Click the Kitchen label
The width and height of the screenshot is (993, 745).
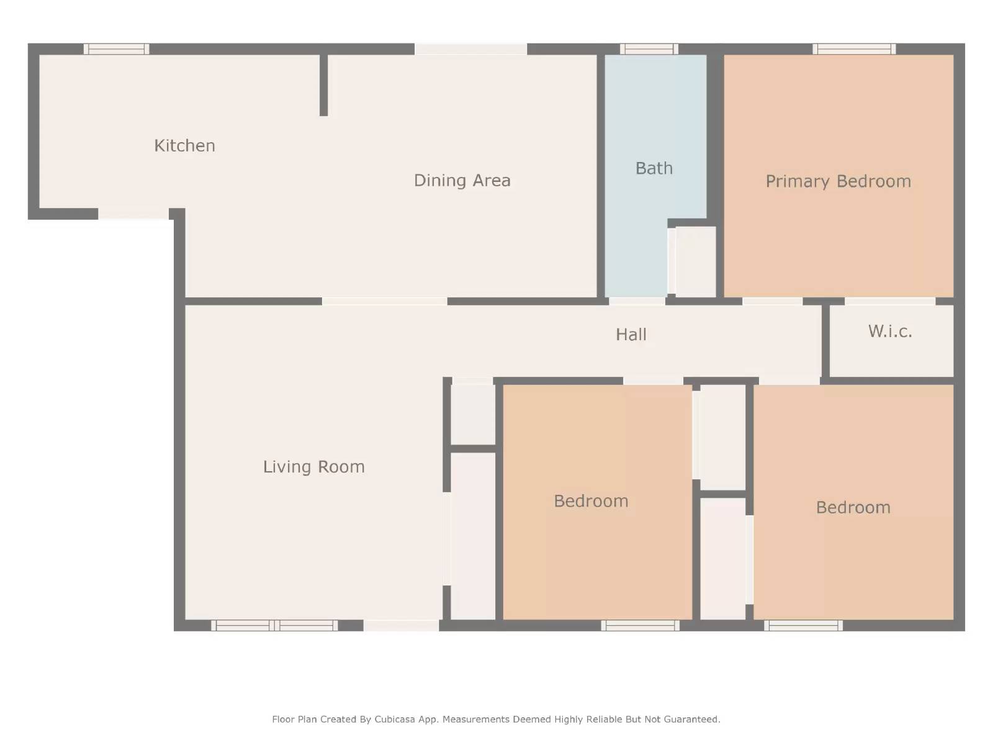point(184,145)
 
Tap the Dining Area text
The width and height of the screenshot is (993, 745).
point(462,180)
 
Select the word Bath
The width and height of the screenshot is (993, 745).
point(654,168)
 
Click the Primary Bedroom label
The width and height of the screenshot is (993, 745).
point(838,181)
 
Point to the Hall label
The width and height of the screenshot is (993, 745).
point(631,335)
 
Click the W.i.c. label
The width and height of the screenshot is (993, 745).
point(890,332)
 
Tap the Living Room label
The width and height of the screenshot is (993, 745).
point(313,467)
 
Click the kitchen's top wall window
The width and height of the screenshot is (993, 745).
point(117,49)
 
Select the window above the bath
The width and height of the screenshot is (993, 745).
point(649,49)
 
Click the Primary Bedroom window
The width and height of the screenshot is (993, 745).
point(854,49)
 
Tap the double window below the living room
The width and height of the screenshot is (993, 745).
point(274,625)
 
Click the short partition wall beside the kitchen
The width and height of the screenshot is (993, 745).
point(323,85)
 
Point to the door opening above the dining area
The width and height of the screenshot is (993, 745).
point(470,49)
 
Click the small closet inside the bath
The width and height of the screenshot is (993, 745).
point(695,261)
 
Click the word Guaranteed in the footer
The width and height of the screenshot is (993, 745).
point(691,720)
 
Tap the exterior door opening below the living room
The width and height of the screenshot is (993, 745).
point(401,625)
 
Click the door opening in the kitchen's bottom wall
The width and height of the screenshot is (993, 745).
point(133,214)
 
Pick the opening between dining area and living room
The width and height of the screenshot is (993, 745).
point(384,301)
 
